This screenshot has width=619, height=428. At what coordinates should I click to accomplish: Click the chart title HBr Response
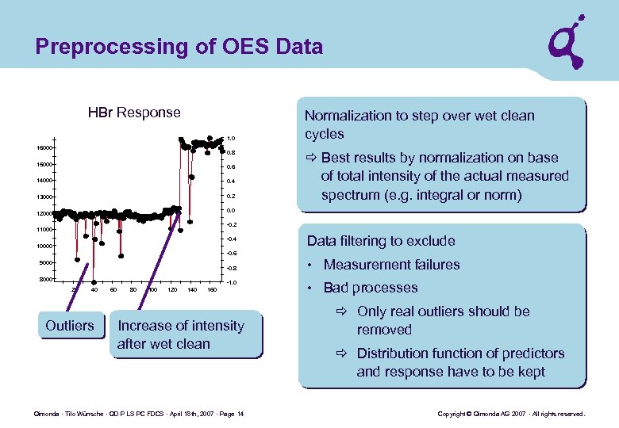point(134,113)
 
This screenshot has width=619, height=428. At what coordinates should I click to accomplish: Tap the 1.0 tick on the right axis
point(231,138)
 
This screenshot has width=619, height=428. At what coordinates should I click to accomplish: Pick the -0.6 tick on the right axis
point(231,254)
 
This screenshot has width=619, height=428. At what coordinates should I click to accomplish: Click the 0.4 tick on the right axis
point(231,182)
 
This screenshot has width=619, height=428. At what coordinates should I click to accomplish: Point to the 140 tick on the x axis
point(192,290)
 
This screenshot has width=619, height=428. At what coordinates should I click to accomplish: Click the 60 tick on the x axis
point(113,290)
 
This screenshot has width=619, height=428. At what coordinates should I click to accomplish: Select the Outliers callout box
point(70,326)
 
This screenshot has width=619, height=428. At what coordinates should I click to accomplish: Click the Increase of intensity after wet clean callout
point(181,334)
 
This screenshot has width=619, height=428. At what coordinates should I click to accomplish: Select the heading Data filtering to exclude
point(381,241)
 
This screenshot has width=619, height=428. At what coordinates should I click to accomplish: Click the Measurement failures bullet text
point(391,265)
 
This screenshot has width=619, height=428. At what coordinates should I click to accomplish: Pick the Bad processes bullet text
point(370,288)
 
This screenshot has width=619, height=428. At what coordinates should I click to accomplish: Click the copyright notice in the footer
point(511,415)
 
